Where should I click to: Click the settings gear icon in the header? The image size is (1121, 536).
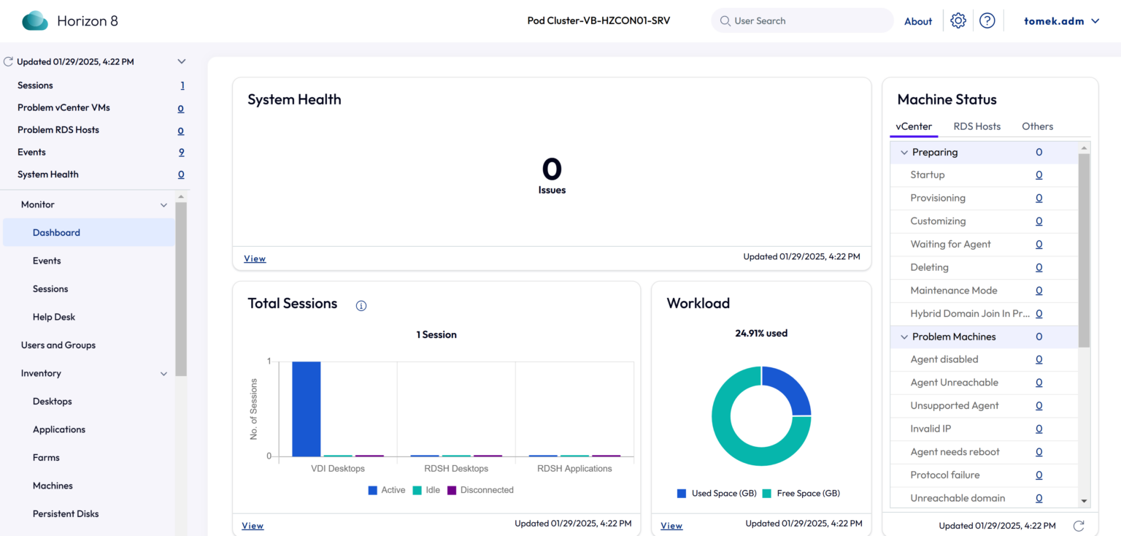pyautogui.click(x=958, y=20)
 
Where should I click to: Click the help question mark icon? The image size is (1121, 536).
pyautogui.click(x=987, y=20)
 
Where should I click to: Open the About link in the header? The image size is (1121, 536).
pyautogui.click(x=917, y=21)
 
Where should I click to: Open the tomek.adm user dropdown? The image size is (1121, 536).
pyautogui.click(x=1061, y=21)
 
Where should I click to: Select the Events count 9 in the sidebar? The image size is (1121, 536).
pyautogui.click(x=181, y=152)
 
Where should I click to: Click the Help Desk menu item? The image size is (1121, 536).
pyautogui.click(x=54, y=317)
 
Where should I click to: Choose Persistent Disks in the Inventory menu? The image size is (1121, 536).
pyautogui.click(x=66, y=513)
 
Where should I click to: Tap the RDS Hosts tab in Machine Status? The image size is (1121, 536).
pyautogui.click(x=976, y=126)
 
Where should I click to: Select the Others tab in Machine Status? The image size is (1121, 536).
pyautogui.click(x=1037, y=126)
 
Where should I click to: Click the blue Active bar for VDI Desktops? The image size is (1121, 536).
pyautogui.click(x=306, y=409)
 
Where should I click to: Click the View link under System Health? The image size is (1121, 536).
pyautogui.click(x=255, y=259)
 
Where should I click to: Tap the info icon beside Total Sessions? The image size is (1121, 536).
pyautogui.click(x=361, y=306)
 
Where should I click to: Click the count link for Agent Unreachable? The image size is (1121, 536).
pyautogui.click(x=1039, y=383)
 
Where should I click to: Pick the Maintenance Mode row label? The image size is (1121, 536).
pyautogui.click(x=953, y=290)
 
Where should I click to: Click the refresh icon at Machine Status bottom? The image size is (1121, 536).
pyautogui.click(x=1077, y=526)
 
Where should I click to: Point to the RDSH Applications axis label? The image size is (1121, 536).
pyautogui.click(x=574, y=468)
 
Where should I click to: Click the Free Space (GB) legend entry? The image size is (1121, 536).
pyautogui.click(x=801, y=494)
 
